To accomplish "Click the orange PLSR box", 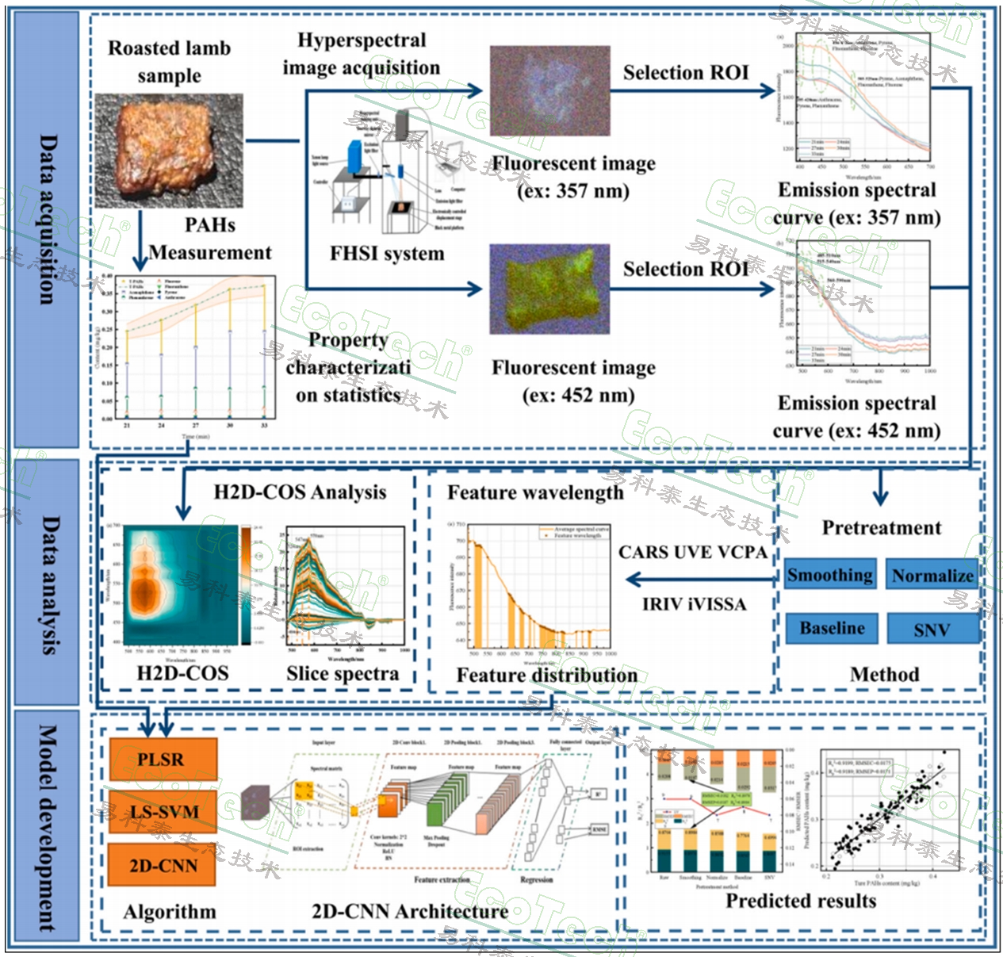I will click(x=163, y=760).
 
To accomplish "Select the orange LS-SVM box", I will click(x=163, y=812).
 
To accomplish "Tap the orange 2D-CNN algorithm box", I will click(x=163, y=865).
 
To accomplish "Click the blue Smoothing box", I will click(x=830, y=575).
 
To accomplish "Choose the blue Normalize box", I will click(x=932, y=576).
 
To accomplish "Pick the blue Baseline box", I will click(x=832, y=628).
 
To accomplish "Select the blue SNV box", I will click(x=932, y=630).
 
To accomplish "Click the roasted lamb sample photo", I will click(x=168, y=151).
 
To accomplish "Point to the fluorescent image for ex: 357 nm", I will click(x=549, y=90).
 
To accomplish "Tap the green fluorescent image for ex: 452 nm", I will click(x=549, y=288).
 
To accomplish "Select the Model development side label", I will click(x=47, y=829).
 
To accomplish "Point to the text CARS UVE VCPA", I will click(x=692, y=552).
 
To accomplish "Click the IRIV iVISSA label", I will click(x=694, y=604).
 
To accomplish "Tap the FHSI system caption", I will click(x=387, y=254).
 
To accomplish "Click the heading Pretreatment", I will click(x=881, y=528).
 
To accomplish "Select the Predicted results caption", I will click(x=801, y=901).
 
